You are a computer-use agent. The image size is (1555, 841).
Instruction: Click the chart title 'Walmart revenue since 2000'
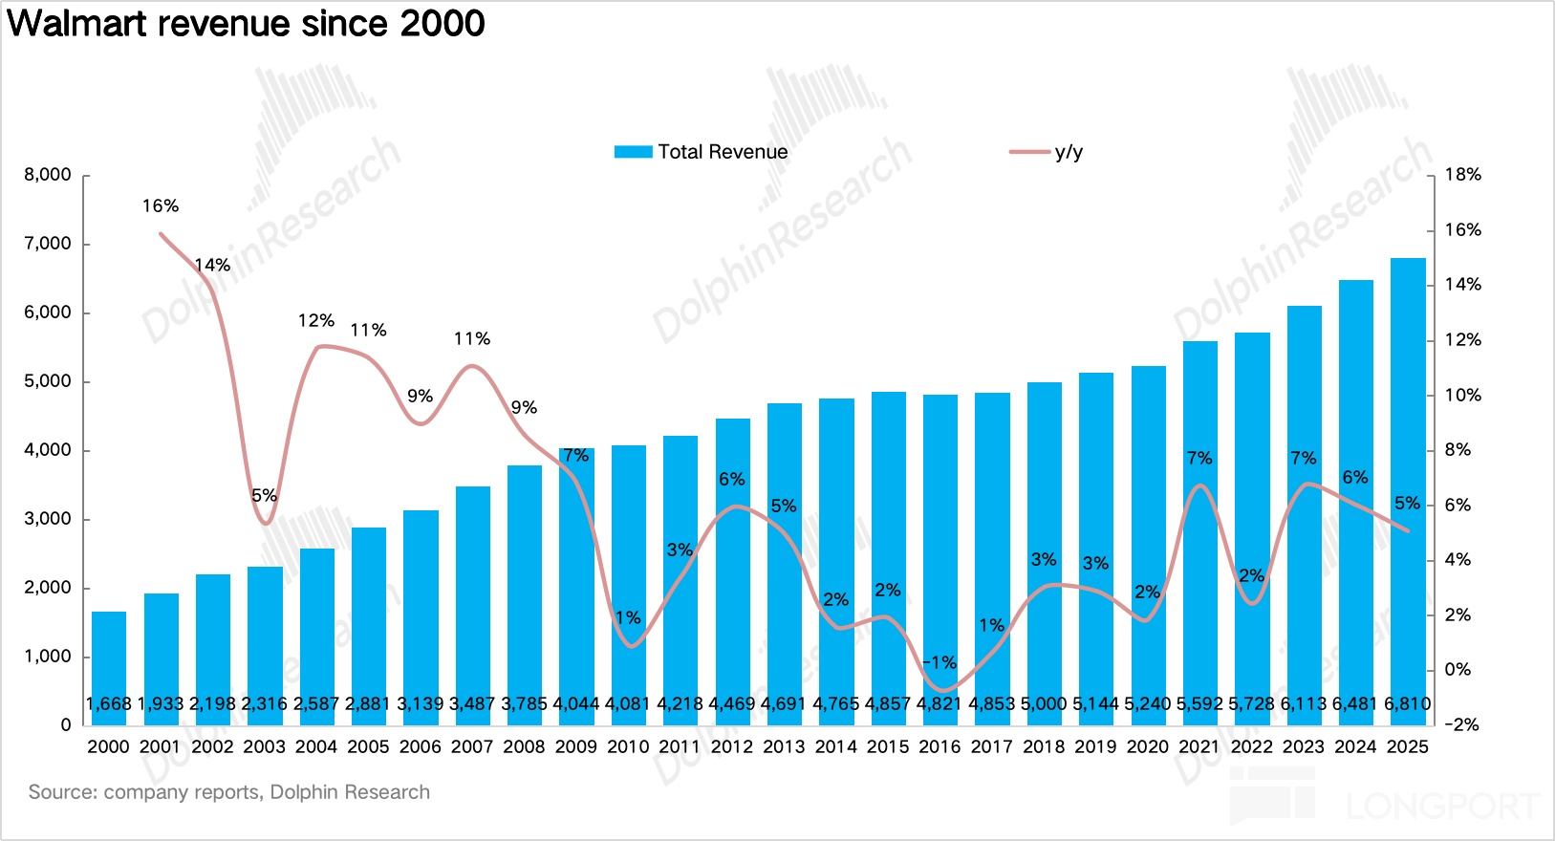247,23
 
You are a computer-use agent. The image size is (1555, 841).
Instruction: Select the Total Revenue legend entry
702,152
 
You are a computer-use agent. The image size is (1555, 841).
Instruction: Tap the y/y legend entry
1047,152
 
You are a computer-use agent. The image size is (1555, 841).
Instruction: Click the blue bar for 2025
1407,478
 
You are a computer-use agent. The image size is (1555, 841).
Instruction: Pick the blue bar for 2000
109,659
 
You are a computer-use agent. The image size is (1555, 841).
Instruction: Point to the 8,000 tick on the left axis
48,175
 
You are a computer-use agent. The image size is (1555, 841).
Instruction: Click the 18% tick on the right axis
1462,175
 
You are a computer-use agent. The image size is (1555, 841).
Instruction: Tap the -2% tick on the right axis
1461,724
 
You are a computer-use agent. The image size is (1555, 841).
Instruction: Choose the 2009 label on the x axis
575,746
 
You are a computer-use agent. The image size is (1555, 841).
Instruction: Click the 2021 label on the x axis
1199,746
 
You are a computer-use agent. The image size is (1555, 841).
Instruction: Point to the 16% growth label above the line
161,206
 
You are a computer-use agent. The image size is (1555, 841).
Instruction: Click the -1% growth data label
939,662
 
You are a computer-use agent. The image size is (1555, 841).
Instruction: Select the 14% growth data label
212,266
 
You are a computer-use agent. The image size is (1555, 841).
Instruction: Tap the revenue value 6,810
1407,704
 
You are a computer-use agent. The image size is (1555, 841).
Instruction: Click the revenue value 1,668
109,704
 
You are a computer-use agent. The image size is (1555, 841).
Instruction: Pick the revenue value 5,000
1044,704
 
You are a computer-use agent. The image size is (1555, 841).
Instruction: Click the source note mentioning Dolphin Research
229,792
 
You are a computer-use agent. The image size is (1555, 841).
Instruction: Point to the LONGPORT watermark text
1443,807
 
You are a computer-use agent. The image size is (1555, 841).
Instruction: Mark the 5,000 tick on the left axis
48,381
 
